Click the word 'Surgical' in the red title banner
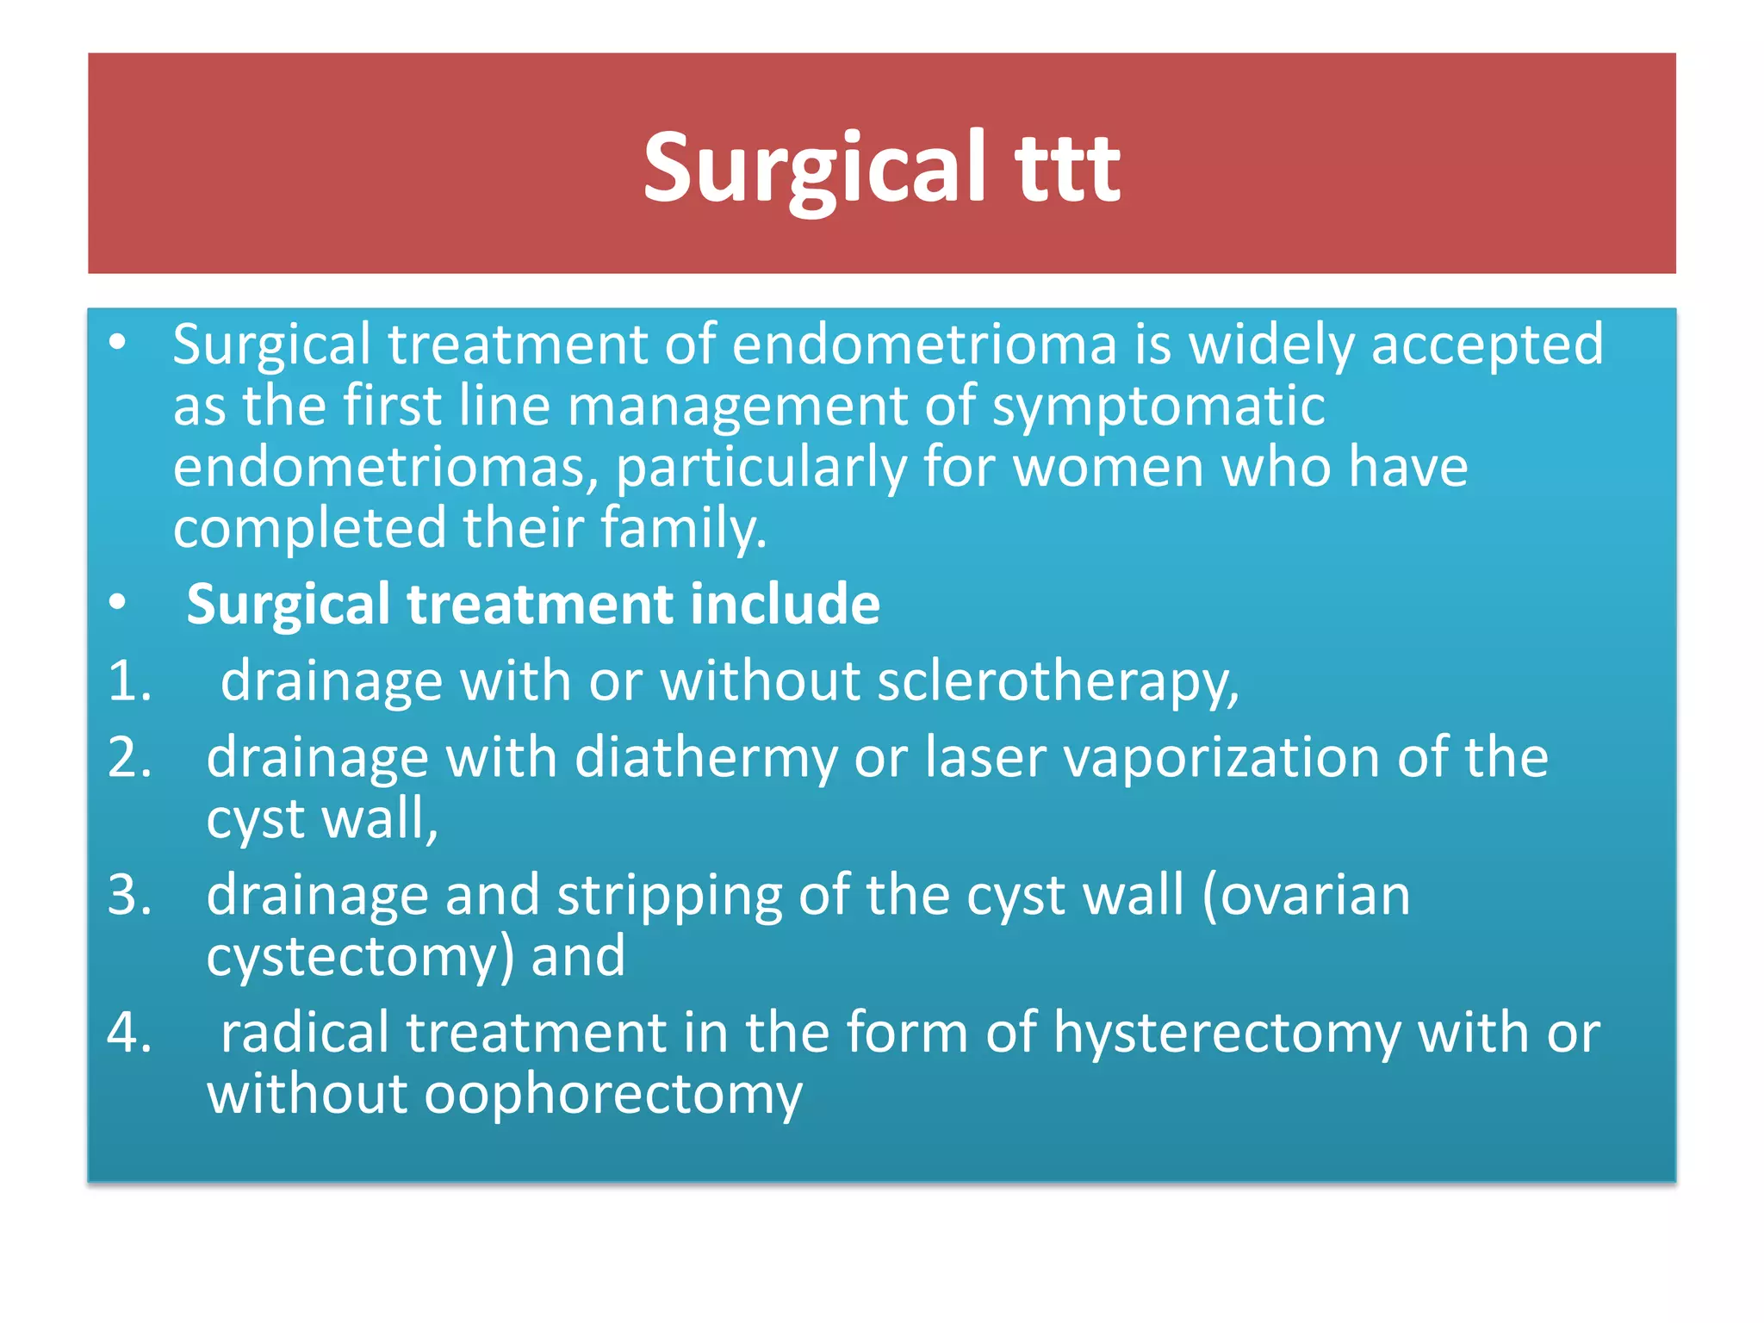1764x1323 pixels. (814, 168)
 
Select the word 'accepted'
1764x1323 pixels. (1487, 345)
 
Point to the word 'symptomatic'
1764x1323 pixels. (1158, 406)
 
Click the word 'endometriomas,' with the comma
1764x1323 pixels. (386, 467)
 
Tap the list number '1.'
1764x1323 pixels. (130, 680)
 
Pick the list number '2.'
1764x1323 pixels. (130, 758)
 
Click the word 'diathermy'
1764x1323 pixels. (705, 758)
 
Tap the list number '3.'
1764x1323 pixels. (130, 895)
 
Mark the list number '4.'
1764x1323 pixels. (130, 1033)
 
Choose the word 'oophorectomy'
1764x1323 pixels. (613, 1095)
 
